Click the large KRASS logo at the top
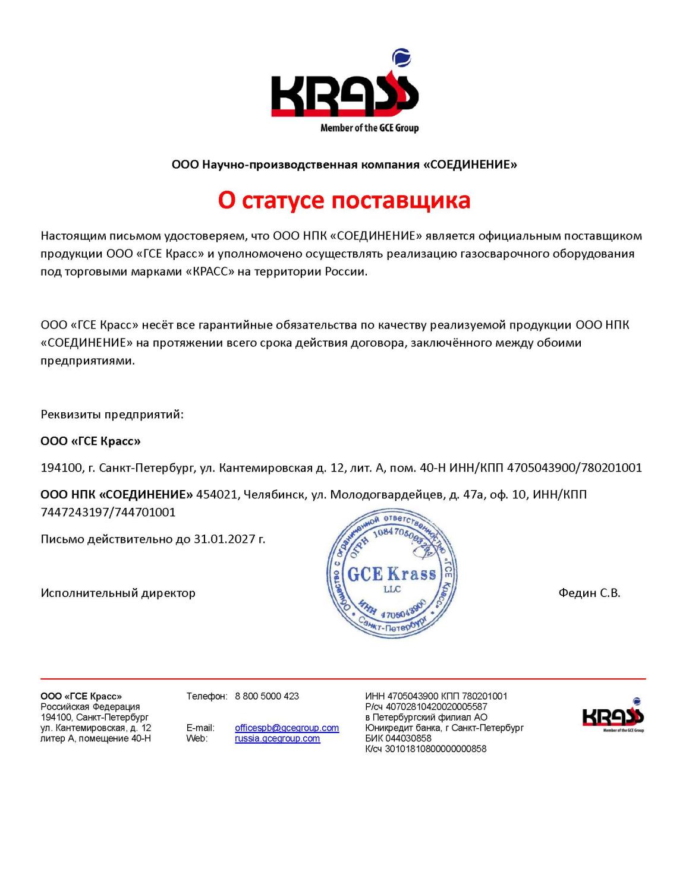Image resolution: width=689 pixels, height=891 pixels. tap(345, 95)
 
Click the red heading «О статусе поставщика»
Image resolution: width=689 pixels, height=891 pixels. tap(344, 200)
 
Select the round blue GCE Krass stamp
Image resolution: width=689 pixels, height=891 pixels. tap(392, 573)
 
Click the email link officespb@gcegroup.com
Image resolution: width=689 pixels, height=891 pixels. tap(287, 728)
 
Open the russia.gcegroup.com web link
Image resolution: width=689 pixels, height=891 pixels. tap(277, 738)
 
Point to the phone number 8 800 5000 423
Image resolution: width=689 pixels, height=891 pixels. tap(267, 696)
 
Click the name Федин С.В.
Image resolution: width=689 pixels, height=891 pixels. tap(589, 593)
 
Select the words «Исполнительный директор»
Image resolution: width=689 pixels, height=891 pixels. tap(118, 593)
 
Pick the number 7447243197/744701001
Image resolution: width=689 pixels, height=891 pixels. tap(108, 512)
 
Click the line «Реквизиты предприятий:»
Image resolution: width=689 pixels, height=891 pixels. tap(112, 415)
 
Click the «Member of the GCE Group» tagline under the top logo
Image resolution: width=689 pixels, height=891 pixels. tap(369, 128)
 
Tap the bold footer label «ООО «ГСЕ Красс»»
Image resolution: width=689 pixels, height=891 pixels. tap(81, 696)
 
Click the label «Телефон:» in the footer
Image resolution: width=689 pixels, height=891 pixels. tap(206, 696)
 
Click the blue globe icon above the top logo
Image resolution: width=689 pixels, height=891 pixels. tap(401, 58)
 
